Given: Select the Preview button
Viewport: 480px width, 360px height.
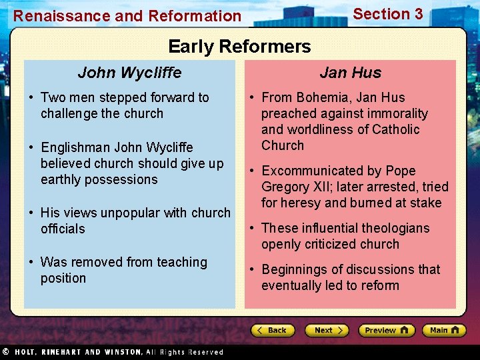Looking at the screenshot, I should point(386,330).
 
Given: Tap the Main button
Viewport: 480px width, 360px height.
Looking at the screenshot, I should point(444,330).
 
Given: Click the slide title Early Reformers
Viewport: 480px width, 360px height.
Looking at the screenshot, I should point(239,47).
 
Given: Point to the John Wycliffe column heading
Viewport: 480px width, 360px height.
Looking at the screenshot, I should point(129,72).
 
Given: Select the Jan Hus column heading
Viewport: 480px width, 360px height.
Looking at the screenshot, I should point(350,72).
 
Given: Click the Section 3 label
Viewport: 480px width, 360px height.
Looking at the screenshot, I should point(387,14).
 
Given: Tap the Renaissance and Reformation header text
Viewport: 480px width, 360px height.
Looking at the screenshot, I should point(127,15).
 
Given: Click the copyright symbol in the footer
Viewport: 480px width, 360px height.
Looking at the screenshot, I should point(5,352).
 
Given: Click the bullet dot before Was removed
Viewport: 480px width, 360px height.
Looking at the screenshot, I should point(32,263).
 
